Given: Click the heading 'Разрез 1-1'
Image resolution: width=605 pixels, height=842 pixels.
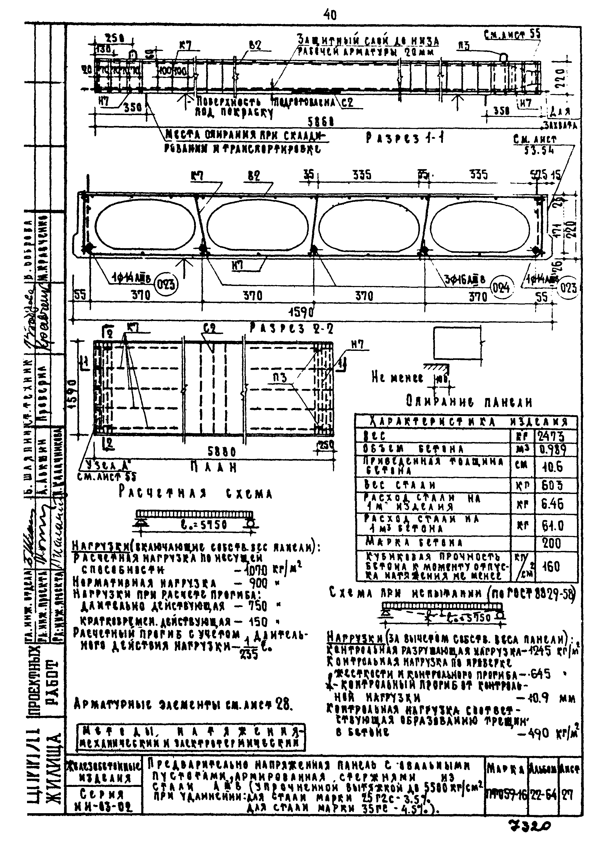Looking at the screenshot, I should pyautogui.click(x=405, y=138).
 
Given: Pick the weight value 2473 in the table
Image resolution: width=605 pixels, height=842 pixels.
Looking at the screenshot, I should pyautogui.click(x=556, y=436).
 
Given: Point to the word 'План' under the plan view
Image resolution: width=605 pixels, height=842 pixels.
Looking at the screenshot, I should pyautogui.click(x=213, y=468).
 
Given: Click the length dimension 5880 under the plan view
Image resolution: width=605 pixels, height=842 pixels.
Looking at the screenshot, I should pyautogui.click(x=222, y=452).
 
